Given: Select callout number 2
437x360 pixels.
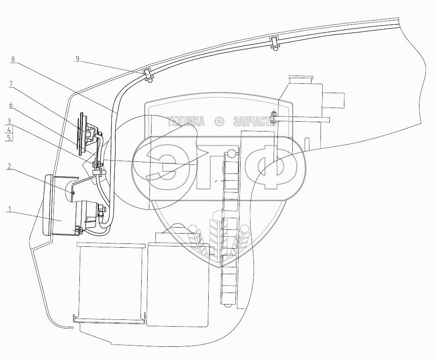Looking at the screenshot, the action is click(9, 167).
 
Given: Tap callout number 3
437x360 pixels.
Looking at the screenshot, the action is click(9, 121).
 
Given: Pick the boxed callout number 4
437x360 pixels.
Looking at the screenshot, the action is click(9, 129).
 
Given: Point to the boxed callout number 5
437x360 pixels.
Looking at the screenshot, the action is click(9, 137).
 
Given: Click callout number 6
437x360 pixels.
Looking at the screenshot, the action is click(11, 105).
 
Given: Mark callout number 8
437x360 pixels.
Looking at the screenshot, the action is click(13, 59).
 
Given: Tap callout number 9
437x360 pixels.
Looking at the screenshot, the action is click(78, 58).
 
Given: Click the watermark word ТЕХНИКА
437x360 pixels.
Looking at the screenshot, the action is click(186, 122).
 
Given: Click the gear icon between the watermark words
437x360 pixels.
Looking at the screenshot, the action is click(219, 122).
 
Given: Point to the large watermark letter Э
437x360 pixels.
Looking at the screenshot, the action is click(170, 167).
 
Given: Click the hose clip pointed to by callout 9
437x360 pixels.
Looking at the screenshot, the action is click(147, 75).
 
